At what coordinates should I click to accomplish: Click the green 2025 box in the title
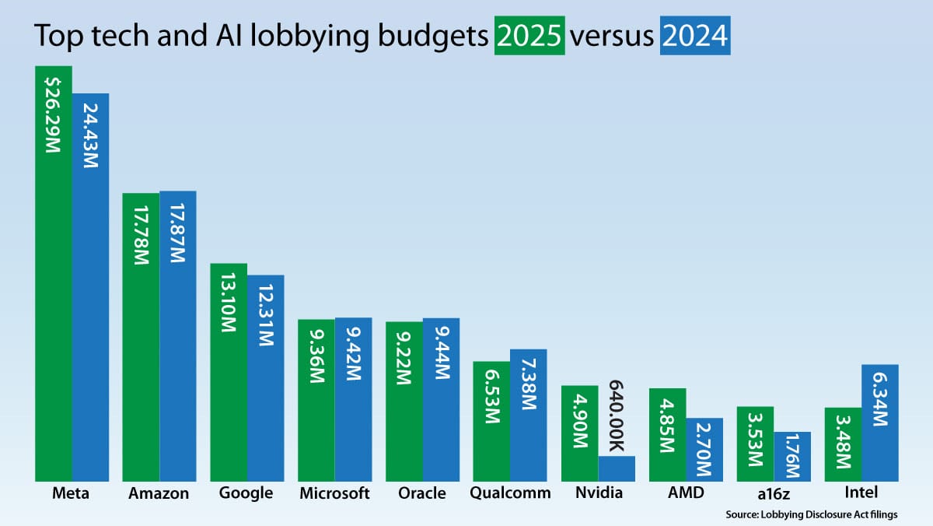[x=529, y=37]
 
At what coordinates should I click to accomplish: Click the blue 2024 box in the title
[x=694, y=37]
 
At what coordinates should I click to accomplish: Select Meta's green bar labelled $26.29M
[x=54, y=272]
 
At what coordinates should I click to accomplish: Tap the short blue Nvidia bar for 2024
[x=617, y=468]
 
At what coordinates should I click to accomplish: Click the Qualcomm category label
[x=510, y=493]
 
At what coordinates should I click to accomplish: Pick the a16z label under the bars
[x=755, y=493]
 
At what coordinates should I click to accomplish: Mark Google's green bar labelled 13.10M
[x=229, y=372]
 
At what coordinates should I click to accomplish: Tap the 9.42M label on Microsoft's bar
[x=354, y=399]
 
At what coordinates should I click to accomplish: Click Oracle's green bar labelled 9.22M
[x=404, y=402]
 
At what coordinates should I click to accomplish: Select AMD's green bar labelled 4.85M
[x=667, y=434]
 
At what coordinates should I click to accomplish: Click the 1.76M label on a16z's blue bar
[x=792, y=458]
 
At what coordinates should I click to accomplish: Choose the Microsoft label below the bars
[x=335, y=493]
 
